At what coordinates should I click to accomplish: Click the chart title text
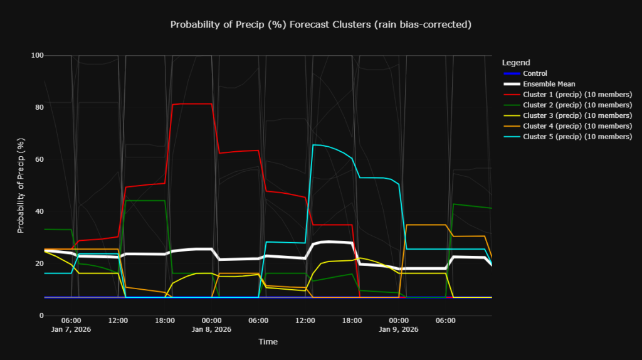point(320,24)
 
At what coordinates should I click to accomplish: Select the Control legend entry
point(535,73)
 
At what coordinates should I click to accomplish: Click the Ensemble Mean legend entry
point(549,84)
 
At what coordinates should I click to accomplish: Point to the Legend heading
point(516,63)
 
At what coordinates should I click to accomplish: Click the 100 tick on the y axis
point(37,55)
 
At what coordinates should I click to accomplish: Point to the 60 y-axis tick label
point(39,159)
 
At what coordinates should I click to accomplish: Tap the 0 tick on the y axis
point(41,315)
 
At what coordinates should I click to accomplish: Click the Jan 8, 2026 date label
point(211,329)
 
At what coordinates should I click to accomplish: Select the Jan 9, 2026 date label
point(399,329)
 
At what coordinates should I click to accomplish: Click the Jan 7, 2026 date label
point(71,329)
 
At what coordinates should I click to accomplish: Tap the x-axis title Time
point(268,342)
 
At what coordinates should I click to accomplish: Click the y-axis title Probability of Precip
point(21,185)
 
